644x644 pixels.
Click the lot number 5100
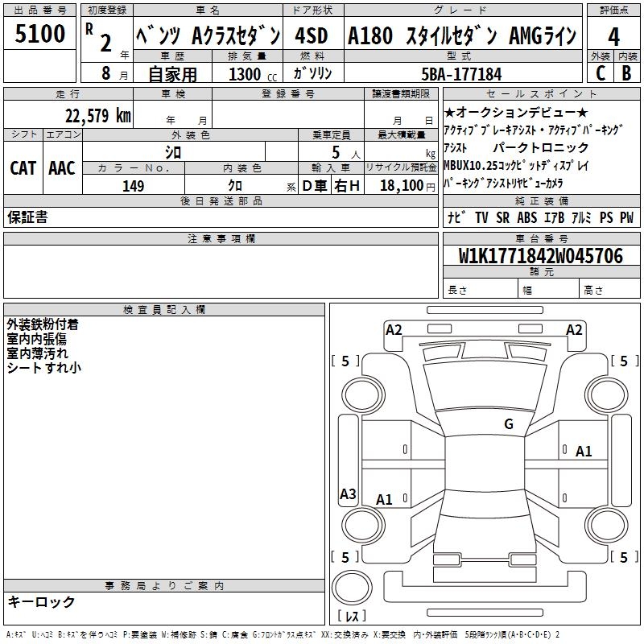pos(40,35)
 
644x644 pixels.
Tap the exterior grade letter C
pos(600,72)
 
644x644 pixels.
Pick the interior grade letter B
pos(626,72)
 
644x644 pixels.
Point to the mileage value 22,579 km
pos(97,115)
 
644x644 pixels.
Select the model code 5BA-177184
pos(461,74)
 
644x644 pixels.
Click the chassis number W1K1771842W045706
pos(540,256)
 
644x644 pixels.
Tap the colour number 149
pos(133,186)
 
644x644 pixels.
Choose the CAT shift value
pos(23,168)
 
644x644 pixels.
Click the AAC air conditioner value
pos(62,168)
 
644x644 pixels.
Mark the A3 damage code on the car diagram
pos(348,494)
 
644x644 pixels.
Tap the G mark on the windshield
pos(508,423)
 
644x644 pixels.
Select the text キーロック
pos(41,601)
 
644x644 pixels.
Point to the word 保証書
pos(27,217)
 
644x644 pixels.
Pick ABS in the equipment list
pos(527,217)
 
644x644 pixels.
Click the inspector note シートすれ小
pos(43,368)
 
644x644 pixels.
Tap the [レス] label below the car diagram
pos(352,617)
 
